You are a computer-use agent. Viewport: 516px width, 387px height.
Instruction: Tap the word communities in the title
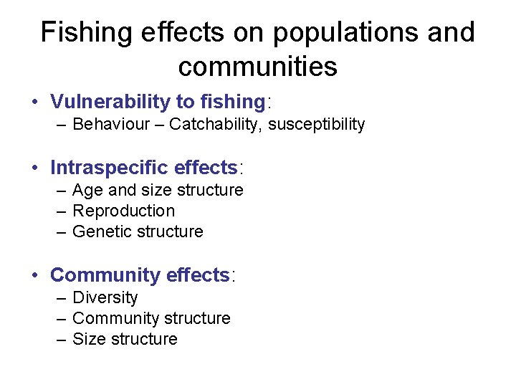(257, 67)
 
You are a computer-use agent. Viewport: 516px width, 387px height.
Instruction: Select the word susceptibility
(317, 125)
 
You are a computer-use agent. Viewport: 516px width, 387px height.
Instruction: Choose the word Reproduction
(123, 211)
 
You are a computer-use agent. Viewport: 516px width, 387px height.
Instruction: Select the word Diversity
(105, 297)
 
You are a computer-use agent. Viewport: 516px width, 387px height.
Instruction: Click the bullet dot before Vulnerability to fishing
(35, 102)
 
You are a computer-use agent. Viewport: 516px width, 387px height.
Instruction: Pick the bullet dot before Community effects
(35, 276)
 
